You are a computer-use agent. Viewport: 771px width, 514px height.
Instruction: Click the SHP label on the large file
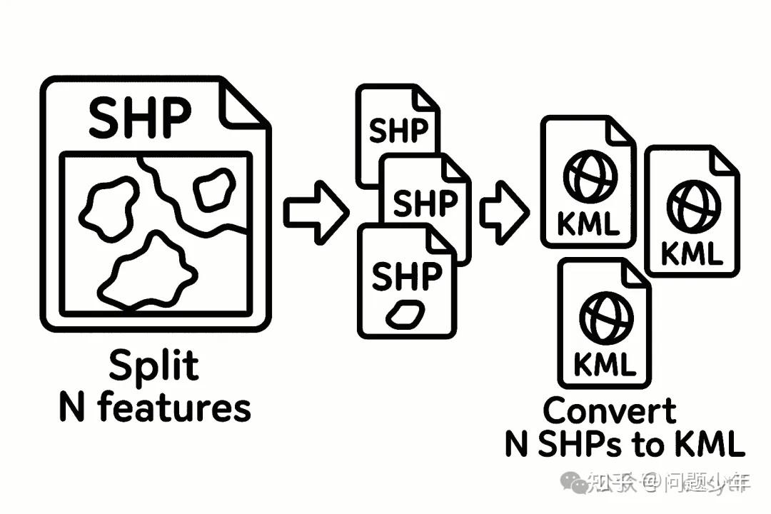point(140,117)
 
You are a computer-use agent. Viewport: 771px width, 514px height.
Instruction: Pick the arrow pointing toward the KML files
point(503,212)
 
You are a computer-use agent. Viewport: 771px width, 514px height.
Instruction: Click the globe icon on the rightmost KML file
point(691,204)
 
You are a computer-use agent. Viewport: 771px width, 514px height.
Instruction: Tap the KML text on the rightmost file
point(691,252)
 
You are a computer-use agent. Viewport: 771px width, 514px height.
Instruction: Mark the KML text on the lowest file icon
point(604,366)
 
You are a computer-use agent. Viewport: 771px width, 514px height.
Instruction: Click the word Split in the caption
point(153,367)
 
